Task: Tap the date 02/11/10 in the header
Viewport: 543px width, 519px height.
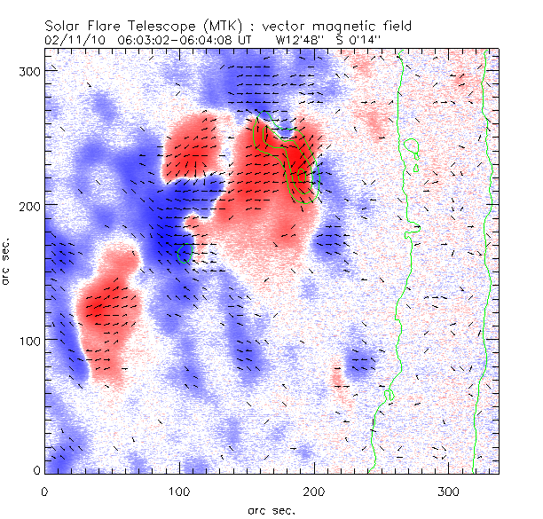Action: (73, 40)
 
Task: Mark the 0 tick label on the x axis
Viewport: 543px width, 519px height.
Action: (45, 491)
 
